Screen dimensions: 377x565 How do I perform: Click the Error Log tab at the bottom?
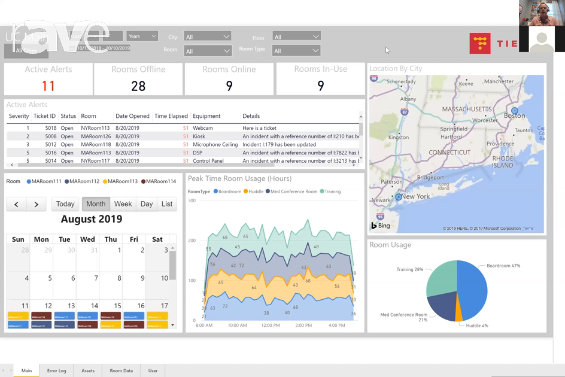tap(57, 370)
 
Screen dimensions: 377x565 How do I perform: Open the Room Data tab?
tap(121, 370)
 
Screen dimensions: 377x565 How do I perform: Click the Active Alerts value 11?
tap(48, 86)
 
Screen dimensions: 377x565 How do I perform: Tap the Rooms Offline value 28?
tap(138, 86)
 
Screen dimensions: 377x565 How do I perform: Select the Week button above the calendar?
tap(123, 204)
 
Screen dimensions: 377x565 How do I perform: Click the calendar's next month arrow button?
tap(37, 204)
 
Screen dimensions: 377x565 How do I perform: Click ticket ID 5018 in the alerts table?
tap(50, 128)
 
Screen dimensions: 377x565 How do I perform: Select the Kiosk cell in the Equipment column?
tap(200, 136)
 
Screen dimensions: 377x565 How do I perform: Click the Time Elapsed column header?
tap(171, 116)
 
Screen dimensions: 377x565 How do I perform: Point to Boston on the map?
tap(514, 115)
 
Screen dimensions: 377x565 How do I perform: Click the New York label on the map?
tap(415, 196)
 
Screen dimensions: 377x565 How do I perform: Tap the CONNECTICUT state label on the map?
tap(449, 152)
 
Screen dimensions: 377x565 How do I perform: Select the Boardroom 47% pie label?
tap(503, 266)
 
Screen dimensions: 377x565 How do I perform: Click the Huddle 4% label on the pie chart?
tap(477, 326)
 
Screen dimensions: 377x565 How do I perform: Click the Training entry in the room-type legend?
tap(332, 191)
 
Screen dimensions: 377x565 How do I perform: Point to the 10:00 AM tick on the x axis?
tap(237, 326)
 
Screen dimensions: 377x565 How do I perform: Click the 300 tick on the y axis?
tap(192, 200)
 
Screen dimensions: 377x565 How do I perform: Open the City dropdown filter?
tap(207, 37)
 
